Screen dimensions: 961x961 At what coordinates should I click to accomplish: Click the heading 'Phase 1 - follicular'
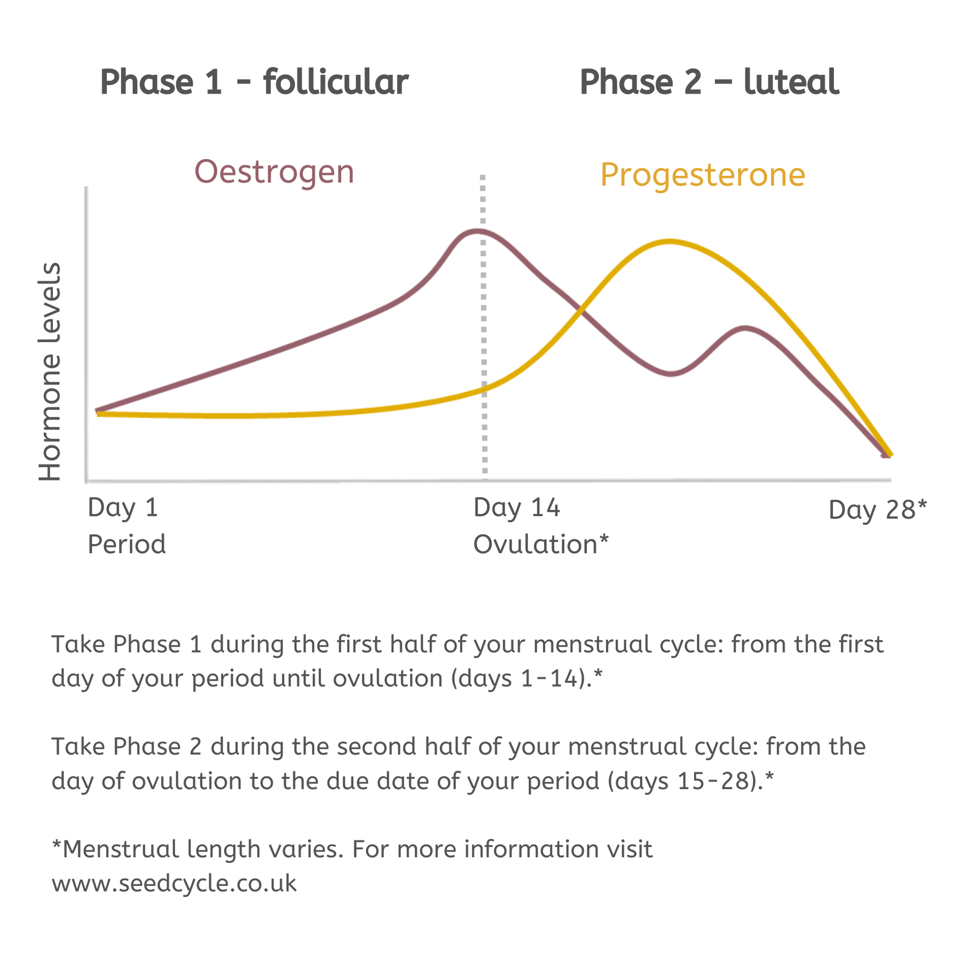[254, 83]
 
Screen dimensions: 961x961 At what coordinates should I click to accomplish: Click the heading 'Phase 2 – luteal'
[709, 83]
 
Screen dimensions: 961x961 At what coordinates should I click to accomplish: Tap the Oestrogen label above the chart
[274, 172]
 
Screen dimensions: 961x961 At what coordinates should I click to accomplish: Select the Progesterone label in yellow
[703, 175]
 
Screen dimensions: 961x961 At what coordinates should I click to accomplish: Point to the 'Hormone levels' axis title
[50, 372]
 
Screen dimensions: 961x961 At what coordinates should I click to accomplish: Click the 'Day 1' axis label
[123, 507]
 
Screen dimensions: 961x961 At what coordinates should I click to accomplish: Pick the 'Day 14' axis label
[517, 507]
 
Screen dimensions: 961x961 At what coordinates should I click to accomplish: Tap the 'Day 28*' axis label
[878, 510]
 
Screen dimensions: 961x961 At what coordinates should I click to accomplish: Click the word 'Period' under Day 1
[127, 545]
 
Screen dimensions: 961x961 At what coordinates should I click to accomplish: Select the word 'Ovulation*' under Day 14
[541, 545]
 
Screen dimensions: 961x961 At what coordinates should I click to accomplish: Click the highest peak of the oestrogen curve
[478, 231]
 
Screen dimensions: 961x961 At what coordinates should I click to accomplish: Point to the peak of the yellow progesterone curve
[670, 241]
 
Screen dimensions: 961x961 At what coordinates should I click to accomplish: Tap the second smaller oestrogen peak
[744, 328]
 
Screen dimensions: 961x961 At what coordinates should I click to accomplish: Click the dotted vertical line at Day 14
[484, 327]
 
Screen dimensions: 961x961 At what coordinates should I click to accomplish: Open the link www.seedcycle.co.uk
[174, 884]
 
